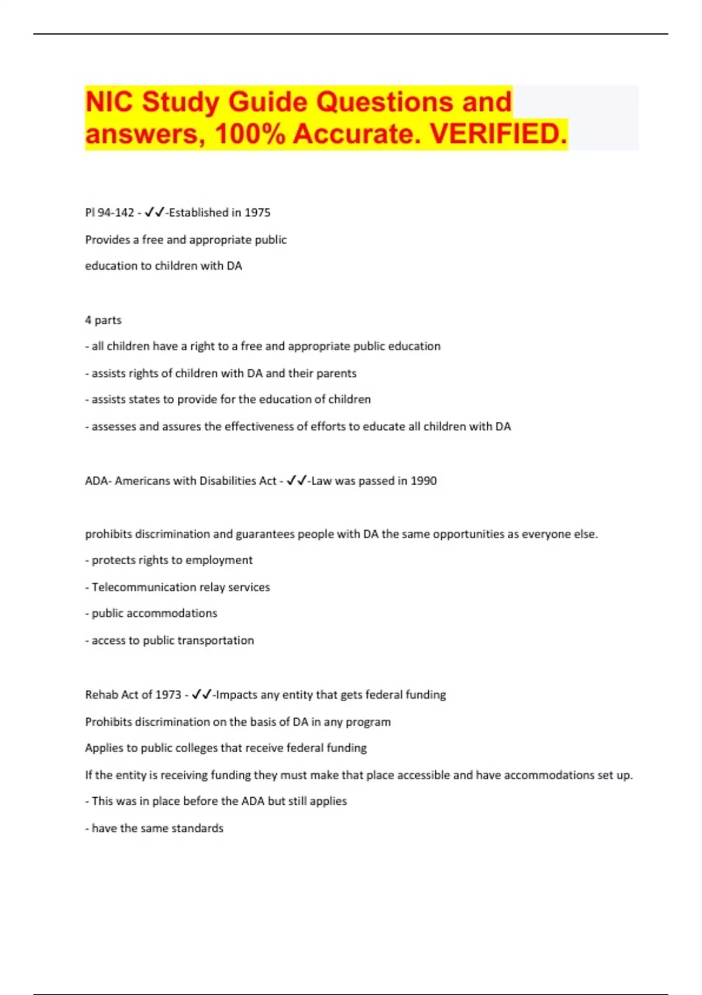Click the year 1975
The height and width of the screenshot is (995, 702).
coord(257,212)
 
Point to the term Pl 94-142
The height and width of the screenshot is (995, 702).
coord(110,212)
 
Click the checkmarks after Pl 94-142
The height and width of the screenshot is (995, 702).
coord(154,212)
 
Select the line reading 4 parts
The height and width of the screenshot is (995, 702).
coord(104,320)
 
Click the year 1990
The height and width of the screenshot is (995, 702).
coord(424,481)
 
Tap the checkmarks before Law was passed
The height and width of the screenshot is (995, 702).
coord(297,481)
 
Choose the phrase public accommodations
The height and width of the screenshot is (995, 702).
coord(154,613)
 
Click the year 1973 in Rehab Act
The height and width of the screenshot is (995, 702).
coord(168,695)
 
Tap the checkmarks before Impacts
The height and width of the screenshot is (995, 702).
coord(201,695)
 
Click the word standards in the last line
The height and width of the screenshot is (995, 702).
coord(199,828)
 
